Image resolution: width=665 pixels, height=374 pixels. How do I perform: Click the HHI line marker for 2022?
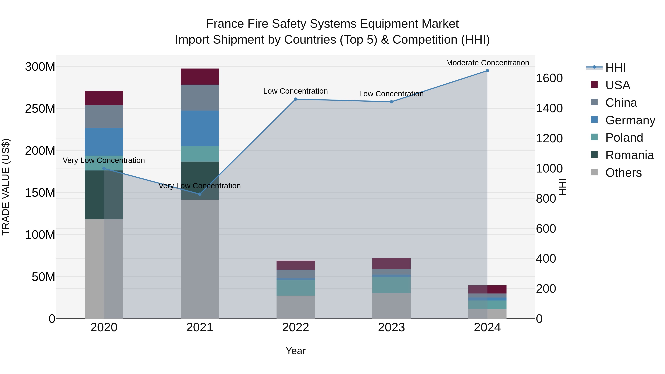click(296, 99)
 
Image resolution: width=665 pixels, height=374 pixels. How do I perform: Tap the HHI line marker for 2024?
click(487, 71)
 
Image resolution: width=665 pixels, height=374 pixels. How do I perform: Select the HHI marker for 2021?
click(199, 194)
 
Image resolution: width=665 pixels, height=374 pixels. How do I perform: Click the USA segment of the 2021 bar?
click(199, 77)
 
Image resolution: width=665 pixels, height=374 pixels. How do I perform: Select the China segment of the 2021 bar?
click(199, 98)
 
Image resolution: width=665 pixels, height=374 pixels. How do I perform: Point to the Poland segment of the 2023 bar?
click(391, 285)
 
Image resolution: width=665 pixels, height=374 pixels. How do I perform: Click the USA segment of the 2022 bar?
click(296, 265)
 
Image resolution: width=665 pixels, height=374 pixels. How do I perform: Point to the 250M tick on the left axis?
click(40, 109)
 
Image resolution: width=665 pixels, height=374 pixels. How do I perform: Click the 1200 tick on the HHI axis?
click(549, 138)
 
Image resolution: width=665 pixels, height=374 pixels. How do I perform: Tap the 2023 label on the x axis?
click(391, 327)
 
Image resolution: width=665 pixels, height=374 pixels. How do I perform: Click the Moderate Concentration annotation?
click(487, 63)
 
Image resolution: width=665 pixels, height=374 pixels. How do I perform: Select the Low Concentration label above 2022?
click(295, 91)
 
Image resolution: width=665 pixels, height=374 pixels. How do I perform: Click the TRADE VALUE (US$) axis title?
click(6, 187)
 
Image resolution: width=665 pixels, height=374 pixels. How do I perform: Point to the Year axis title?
click(295, 351)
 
